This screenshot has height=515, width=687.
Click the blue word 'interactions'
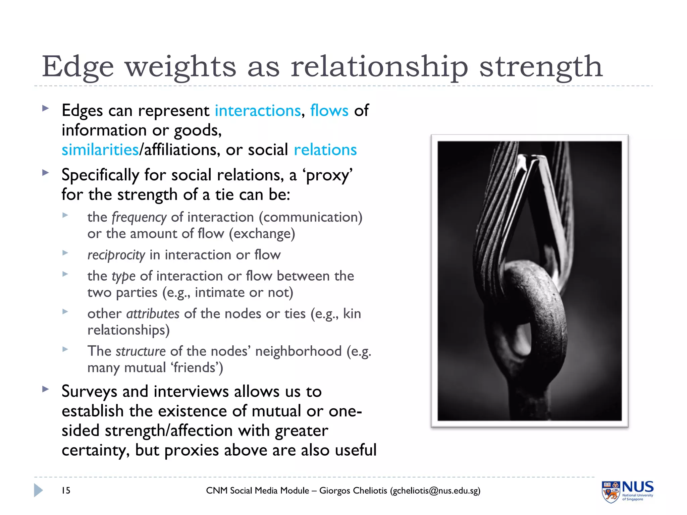[258, 111]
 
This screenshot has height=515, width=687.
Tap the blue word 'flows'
[329, 111]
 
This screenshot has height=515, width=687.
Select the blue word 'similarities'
[100, 150]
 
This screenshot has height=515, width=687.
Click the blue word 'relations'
[325, 150]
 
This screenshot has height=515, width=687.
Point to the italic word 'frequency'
[139, 218]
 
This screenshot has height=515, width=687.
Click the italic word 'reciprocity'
[116, 255]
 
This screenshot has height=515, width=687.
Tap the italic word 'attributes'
[153, 314]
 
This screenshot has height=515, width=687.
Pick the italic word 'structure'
[141, 351]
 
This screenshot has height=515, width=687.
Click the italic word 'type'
[123, 276]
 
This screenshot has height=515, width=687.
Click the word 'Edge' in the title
[78, 67]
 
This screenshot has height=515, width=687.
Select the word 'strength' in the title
[541, 67]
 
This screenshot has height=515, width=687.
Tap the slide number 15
[66, 491]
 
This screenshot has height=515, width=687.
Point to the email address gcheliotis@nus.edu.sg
[435, 491]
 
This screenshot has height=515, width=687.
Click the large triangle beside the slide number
[38, 490]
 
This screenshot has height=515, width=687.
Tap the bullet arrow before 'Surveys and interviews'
[45, 389]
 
